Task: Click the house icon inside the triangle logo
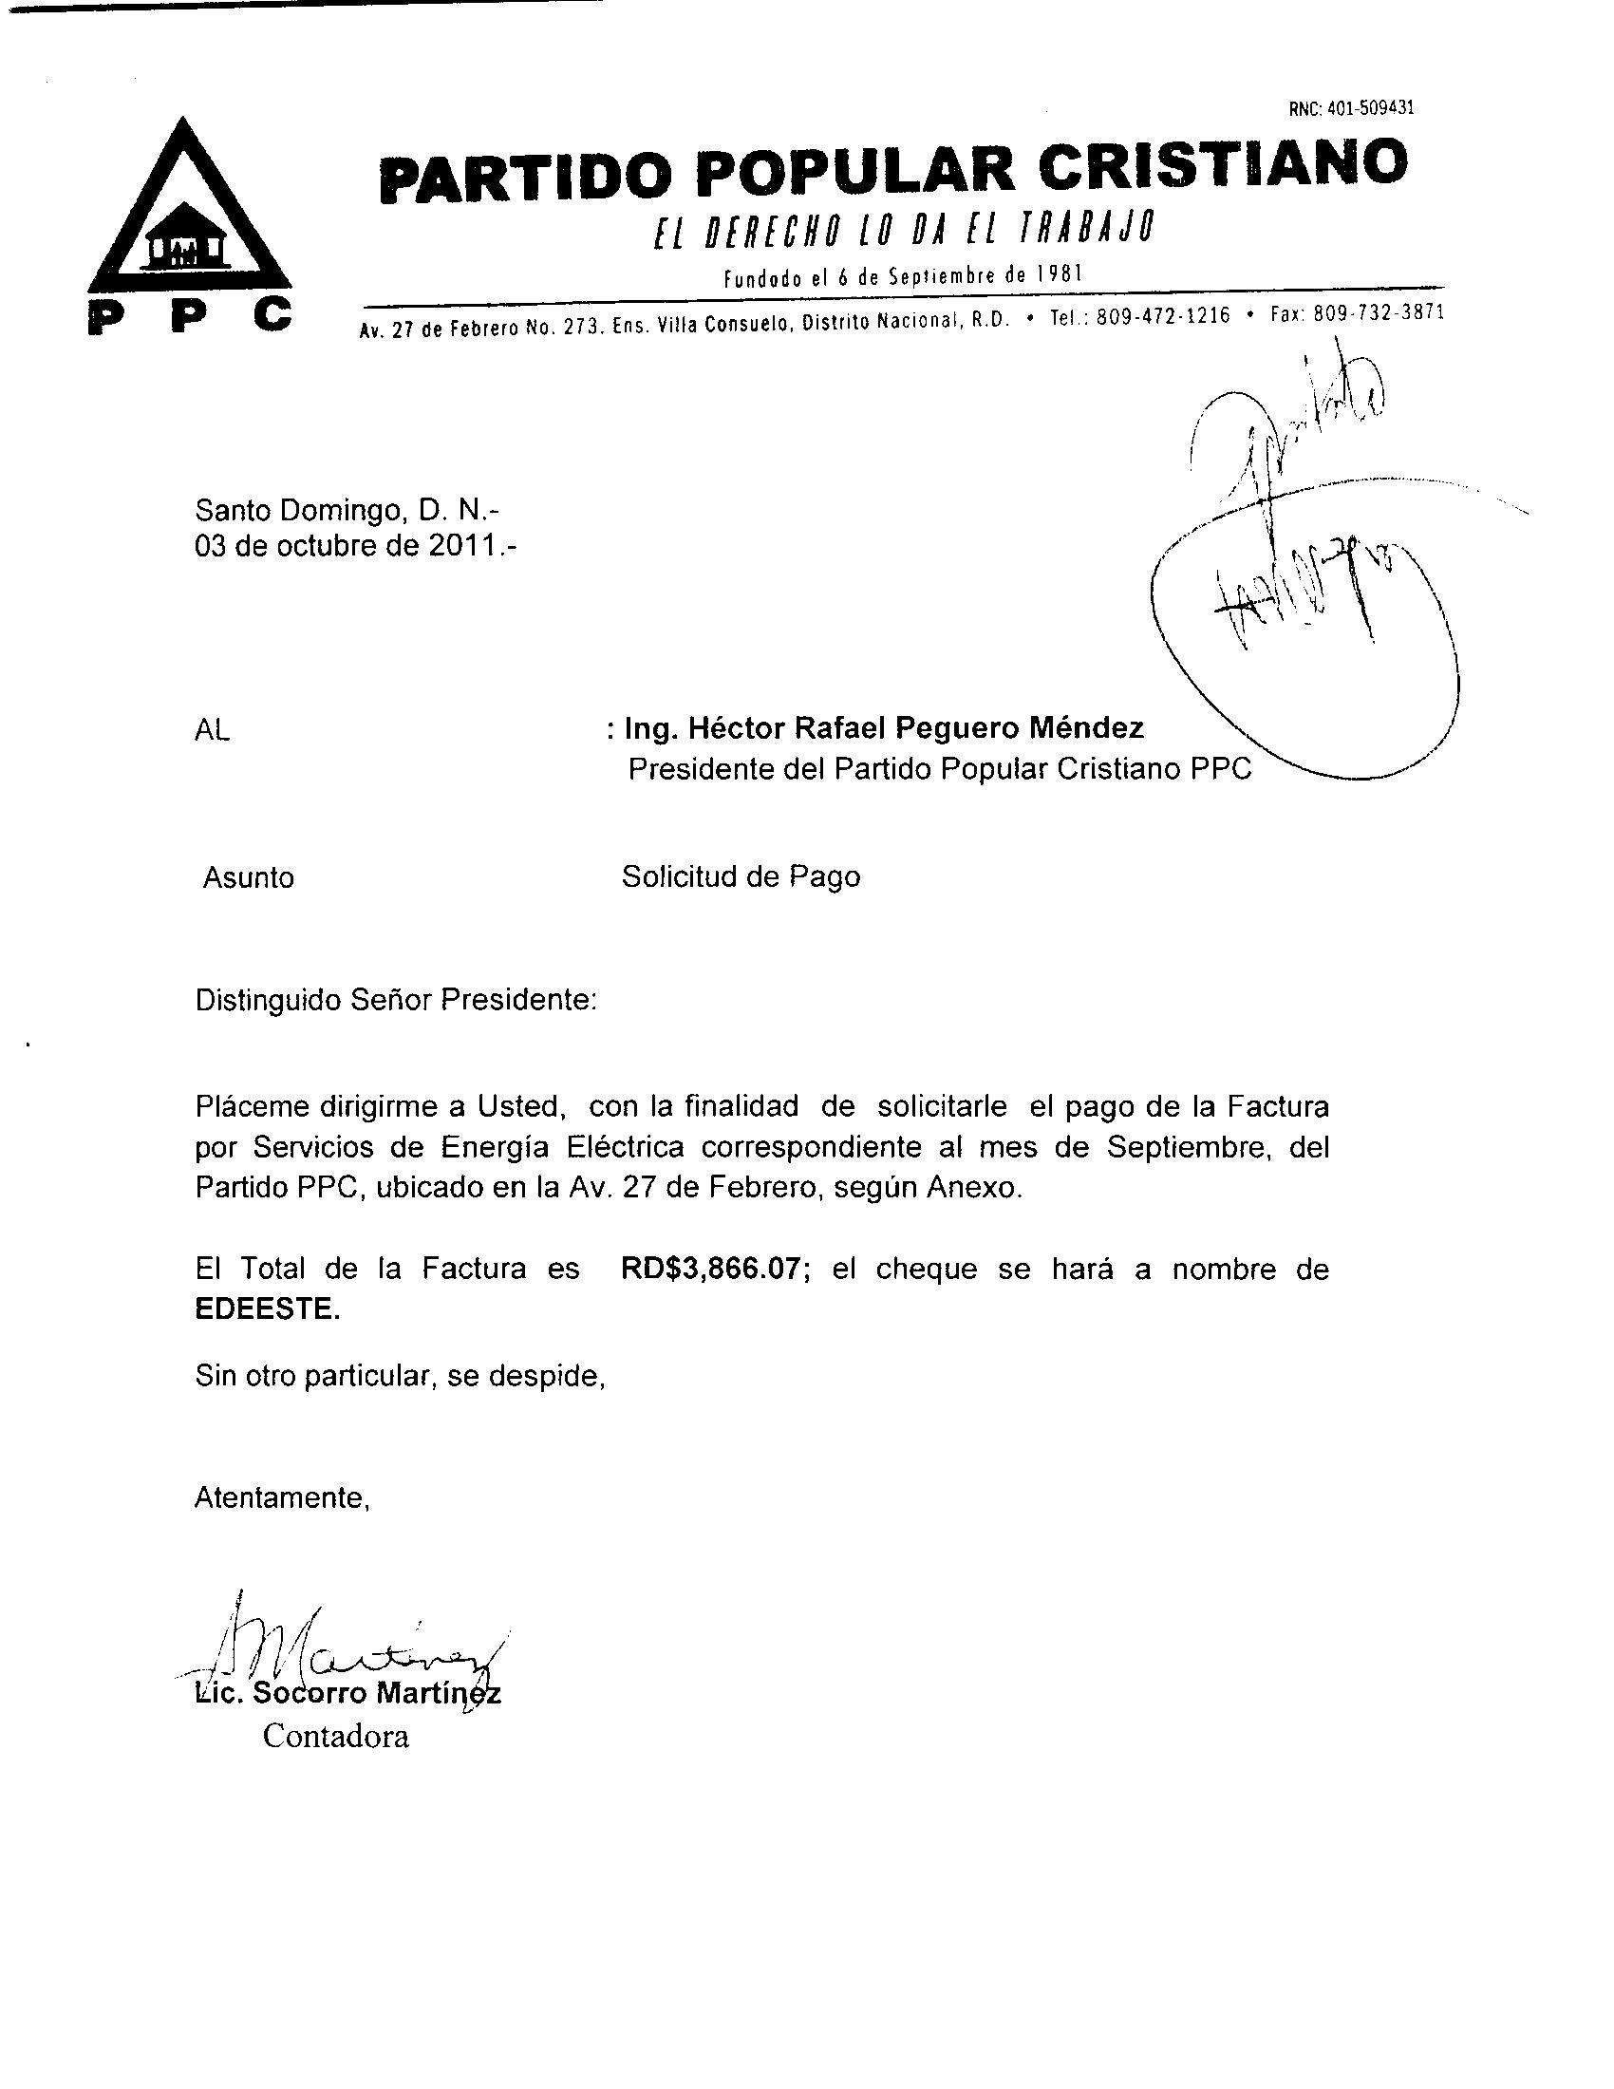(188, 238)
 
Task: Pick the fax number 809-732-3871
(1378, 312)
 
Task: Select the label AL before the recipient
(213, 732)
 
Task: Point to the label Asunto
(249, 878)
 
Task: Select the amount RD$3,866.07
(710, 1270)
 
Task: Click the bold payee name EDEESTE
(267, 1309)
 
